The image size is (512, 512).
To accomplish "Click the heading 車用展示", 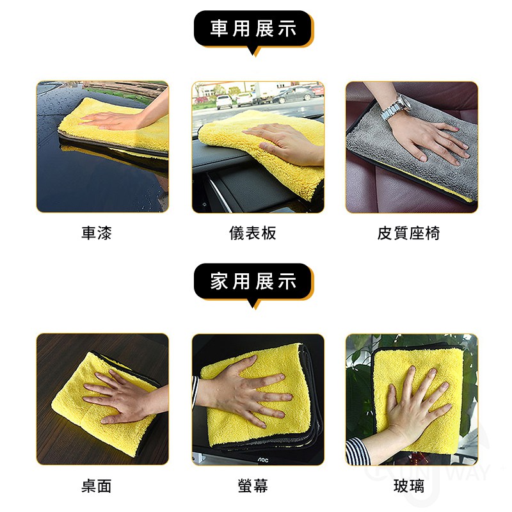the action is click(x=253, y=28).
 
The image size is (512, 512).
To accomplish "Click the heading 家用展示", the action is click(x=253, y=281).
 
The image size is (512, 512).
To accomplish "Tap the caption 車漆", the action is click(x=97, y=233).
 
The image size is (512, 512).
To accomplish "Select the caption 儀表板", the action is click(x=253, y=233).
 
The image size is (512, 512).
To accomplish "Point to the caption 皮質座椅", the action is click(x=408, y=233).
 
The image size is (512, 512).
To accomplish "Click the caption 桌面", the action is click(x=97, y=486).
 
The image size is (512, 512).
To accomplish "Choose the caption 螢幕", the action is click(x=253, y=486).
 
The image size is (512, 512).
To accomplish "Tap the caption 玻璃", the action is click(x=408, y=486).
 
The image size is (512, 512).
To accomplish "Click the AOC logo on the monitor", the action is click(x=263, y=460).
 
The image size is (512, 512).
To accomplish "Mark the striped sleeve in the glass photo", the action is click(x=357, y=451).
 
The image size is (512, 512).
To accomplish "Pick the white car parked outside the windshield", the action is click(x=224, y=102).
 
